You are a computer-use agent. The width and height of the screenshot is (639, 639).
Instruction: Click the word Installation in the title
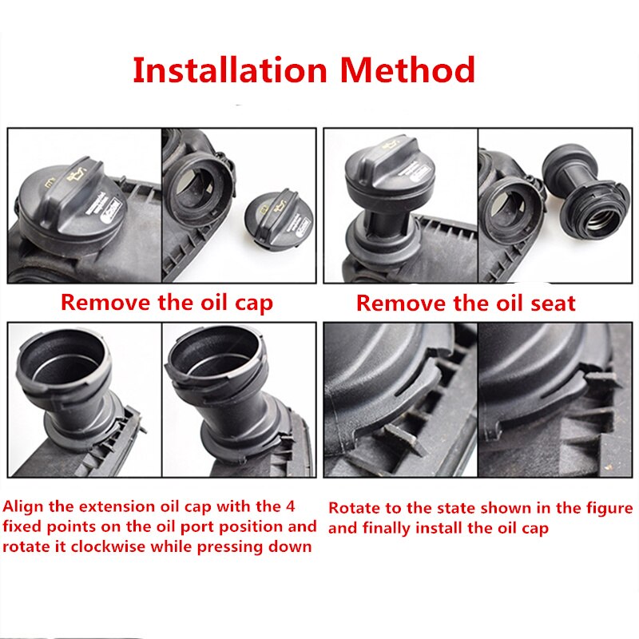(230, 70)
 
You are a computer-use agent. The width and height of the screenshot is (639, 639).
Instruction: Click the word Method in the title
(407, 70)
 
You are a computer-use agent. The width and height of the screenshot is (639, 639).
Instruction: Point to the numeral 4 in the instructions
(290, 506)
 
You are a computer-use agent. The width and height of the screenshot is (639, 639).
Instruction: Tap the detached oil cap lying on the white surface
(279, 217)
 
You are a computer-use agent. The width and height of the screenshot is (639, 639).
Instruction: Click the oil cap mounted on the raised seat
(387, 171)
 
